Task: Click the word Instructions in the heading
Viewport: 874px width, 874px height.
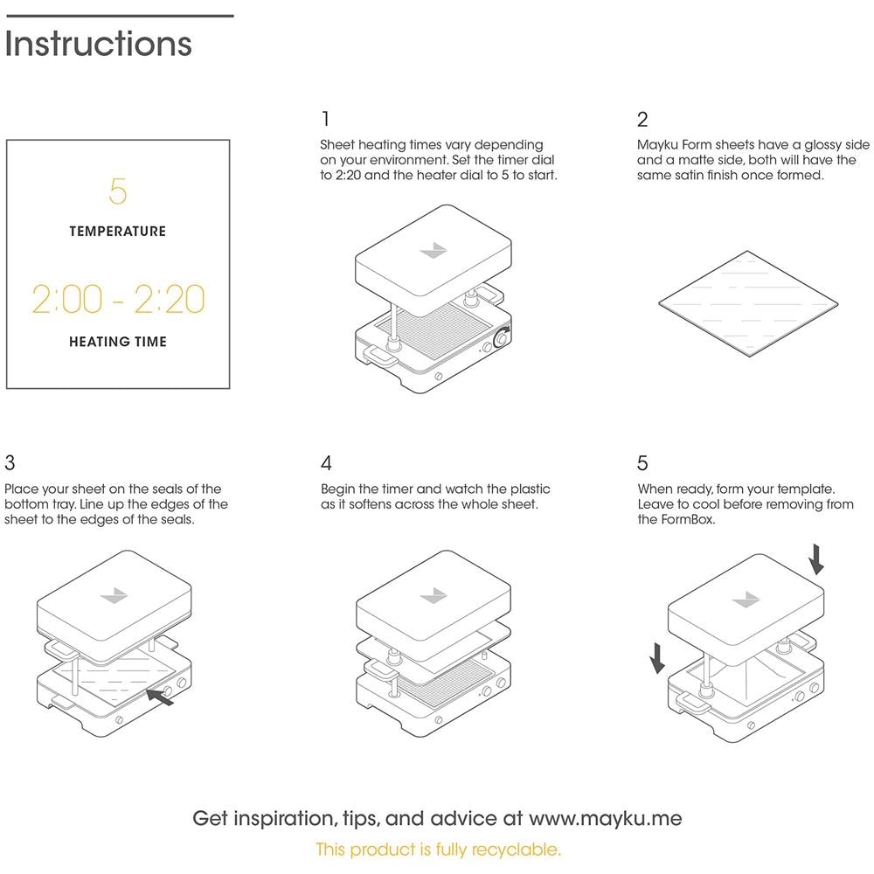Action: tap(98, 44)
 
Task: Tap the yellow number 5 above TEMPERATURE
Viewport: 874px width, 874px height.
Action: tap(118, 191)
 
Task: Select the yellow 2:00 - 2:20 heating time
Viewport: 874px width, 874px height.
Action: tap(118, 299)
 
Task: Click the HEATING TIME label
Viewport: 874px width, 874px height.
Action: tap(118, 342)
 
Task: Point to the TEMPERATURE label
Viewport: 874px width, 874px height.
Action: tap(118, 232)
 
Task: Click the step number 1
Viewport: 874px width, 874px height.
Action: tap(325, 119)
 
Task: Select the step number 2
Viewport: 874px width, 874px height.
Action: tap(642, 119)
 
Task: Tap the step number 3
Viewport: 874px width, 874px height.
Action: tap(10, 462)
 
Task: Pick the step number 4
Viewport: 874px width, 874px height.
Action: tap(327, 462)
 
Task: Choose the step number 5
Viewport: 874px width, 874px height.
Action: tap(642, 462)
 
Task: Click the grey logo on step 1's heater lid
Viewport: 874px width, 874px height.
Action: tap(434, 250)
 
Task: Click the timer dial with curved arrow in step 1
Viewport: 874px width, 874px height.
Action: tap(503, 337)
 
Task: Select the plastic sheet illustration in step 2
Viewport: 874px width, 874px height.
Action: tap(748, 303)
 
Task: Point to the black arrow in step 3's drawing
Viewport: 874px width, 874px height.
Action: tap(160, 697)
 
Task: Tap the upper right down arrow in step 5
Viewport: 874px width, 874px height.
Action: tap(816, 559)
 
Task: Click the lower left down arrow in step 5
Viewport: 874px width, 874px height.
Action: tap(657, 658)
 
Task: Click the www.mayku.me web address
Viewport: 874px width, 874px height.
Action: tap(606, 818)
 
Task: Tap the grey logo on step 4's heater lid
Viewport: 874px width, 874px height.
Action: tap(434, 595)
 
